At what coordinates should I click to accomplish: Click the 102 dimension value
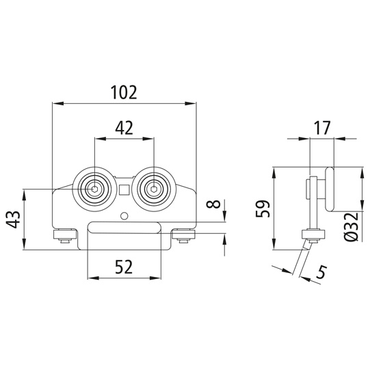[x=124, y=92]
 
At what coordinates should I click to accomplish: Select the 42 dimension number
[x=124, y=128]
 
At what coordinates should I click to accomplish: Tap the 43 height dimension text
[x=13, y=220]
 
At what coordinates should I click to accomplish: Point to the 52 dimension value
[x=124, y=267]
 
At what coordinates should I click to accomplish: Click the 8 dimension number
[x=213, y=204]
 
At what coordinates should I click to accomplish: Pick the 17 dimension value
[x=322, y=128]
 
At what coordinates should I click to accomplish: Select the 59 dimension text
[x=263, y=209]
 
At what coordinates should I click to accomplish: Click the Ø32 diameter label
[x=351, y=227]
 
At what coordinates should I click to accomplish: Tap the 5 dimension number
[x=321, y=272]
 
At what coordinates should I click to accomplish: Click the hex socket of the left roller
[x=94, y=189]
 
